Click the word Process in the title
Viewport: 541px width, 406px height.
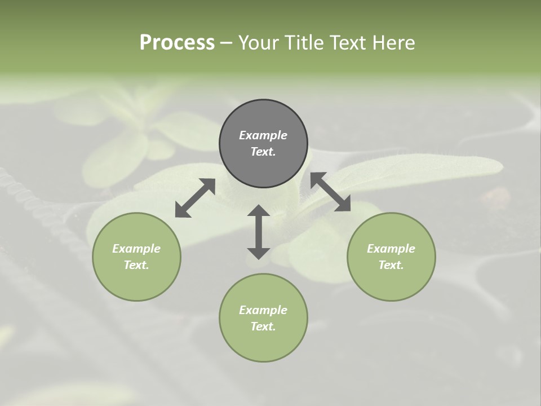point(177,43)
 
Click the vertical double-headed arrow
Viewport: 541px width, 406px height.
point(259,231)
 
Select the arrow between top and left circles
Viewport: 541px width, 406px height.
point(195,198)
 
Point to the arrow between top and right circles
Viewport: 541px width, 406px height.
point(330,192)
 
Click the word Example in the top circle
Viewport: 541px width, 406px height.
point(263,135)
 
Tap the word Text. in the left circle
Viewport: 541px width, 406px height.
point(136,265)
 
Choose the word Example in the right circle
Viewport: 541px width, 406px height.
point(391,249)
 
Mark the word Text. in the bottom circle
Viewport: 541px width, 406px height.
point(263,326)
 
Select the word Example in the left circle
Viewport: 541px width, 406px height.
point(136,249)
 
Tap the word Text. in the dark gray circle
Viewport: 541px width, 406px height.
point(263,152)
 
